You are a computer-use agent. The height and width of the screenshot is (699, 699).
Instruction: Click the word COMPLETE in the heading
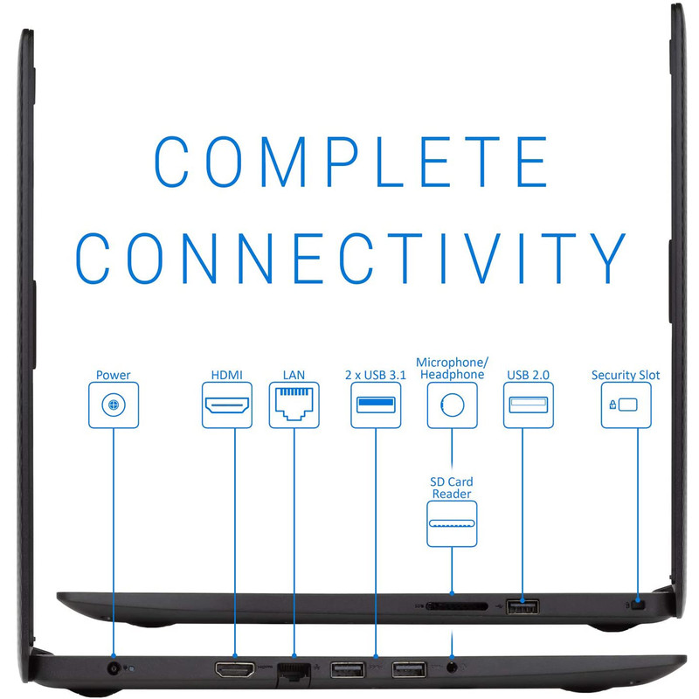point(351,162)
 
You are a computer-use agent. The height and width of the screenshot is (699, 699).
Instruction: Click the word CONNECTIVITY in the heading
point(350,259)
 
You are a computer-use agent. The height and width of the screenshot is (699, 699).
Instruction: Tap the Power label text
point(114,375)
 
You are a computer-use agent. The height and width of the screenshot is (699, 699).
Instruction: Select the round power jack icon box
point(114,405)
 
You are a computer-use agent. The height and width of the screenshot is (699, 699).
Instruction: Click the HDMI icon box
point(227,405)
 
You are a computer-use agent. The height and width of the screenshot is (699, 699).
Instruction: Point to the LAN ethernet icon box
point(294,405)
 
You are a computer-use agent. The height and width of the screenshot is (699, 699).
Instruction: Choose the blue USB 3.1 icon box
point(376,405)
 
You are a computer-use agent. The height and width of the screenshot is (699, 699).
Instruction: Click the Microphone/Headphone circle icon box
point(452,405)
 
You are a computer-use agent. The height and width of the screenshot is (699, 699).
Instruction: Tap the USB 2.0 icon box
point(529,405)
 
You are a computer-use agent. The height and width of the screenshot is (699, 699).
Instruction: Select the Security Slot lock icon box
point(626,405)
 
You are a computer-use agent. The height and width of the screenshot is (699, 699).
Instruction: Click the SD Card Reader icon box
point(452,523)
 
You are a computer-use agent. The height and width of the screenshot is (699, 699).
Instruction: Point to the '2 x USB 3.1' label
point(376,375)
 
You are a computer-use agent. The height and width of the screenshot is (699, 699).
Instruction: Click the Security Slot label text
point(626,375)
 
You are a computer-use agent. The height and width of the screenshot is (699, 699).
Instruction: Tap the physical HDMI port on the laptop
point(235,668)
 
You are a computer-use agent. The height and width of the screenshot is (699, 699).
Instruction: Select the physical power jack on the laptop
point(114,668)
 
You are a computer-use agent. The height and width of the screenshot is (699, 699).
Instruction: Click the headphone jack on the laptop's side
point(452,668)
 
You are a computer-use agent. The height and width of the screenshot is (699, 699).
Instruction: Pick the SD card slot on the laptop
point(457,606)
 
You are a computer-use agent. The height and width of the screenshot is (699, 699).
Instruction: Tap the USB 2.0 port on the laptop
point(523,606)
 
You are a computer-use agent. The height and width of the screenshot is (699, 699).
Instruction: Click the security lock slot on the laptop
point(640,605)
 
